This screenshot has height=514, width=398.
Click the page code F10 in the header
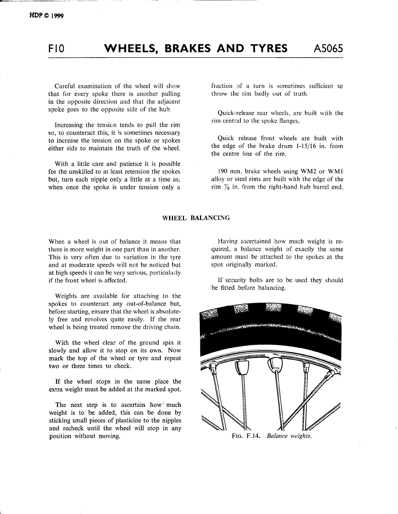click(x=56, y=49)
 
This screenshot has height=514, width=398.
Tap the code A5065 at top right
click(x=328, y=49)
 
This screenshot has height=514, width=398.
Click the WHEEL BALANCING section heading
click(x=196, y=218)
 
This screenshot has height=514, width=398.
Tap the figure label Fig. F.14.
click(x=246, y=436)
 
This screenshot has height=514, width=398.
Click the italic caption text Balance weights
click(x=289, y=436)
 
